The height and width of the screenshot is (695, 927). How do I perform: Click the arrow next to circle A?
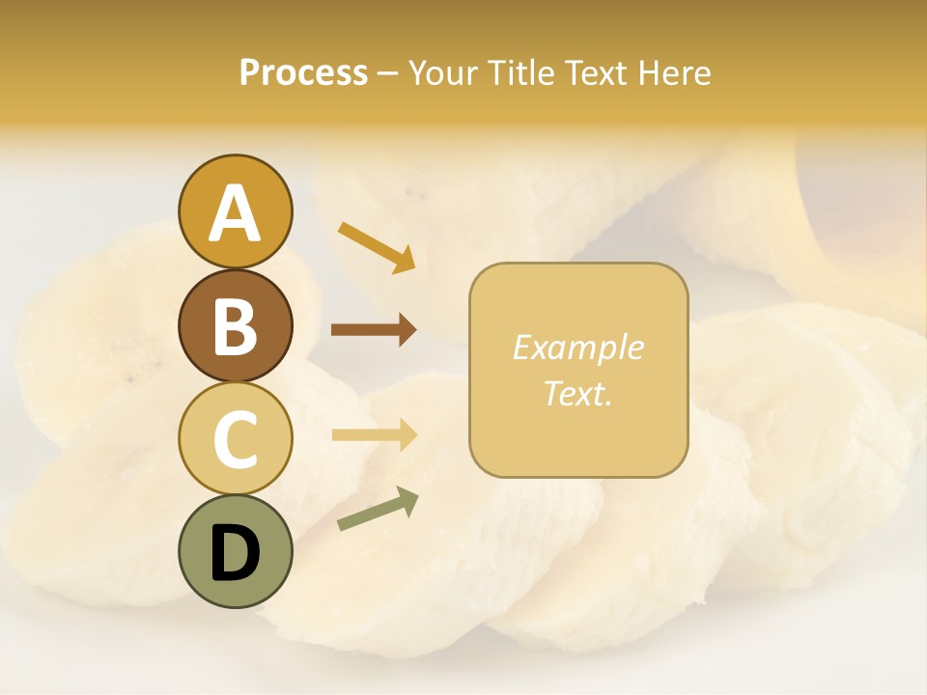click(x=377, y=246)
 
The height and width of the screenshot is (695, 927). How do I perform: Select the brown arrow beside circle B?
click(x=374, y=330)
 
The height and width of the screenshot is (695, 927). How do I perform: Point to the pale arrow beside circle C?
click(x=374, y=435)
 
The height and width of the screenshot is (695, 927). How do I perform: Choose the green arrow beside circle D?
click(x=378, y=509)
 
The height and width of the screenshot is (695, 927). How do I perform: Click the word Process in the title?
click(x=303, y=72)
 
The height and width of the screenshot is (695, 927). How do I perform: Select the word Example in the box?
click(x=577, y=347)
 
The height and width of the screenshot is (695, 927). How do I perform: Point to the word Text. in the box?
click(x=577, y=393)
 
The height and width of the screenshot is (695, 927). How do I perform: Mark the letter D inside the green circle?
click(x=235, y=553)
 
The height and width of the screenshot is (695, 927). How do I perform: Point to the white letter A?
click(x=235, y=213)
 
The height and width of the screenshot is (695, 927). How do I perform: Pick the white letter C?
click(x=235, y=439)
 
